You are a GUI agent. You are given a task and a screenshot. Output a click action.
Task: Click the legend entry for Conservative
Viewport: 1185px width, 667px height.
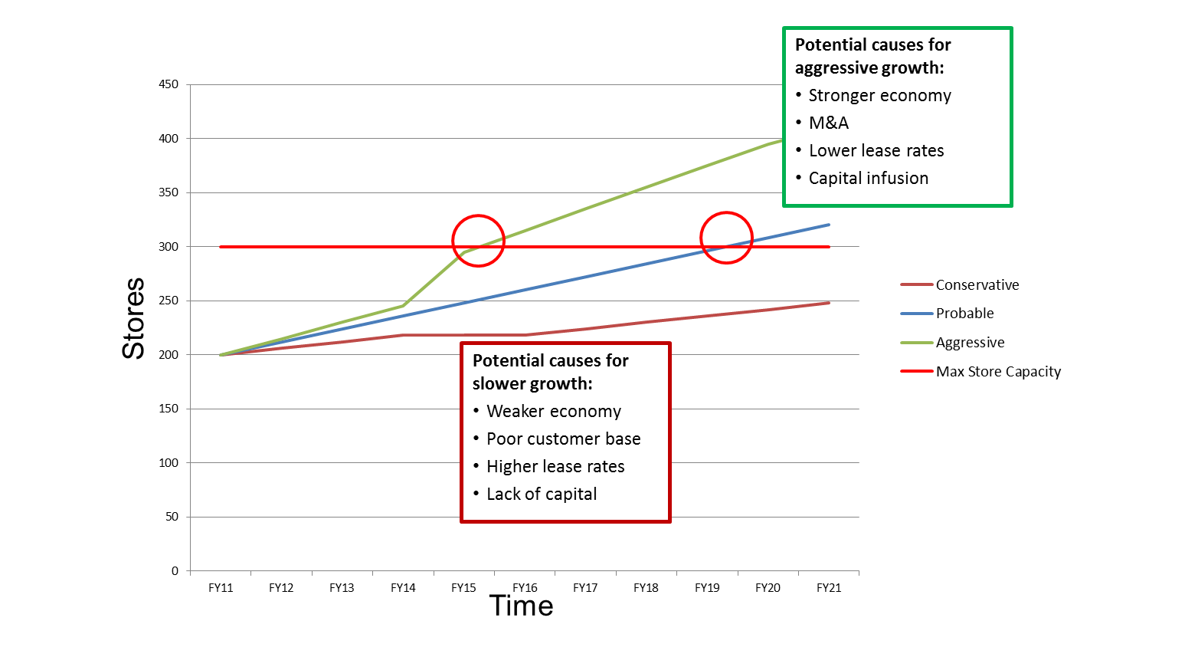(977, 285)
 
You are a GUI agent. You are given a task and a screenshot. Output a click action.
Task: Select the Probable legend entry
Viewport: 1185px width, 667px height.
(964, 314)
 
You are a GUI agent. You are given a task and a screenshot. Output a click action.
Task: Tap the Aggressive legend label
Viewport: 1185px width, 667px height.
(970, 343)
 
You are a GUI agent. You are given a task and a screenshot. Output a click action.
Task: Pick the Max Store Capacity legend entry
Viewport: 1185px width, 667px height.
(998, 372)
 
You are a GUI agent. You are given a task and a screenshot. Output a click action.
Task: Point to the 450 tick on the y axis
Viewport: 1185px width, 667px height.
(169, 84)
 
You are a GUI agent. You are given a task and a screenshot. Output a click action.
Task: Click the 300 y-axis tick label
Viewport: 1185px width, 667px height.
(169, 247)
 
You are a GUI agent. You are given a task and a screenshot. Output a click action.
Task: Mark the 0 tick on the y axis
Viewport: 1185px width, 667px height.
(175, 571)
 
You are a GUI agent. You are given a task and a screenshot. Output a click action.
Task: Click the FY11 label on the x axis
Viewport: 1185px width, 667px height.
(221, 588)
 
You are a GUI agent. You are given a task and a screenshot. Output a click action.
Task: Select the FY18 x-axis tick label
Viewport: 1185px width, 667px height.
(646, 588)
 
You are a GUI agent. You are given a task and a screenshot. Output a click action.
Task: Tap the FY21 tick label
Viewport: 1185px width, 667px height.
(829, 588)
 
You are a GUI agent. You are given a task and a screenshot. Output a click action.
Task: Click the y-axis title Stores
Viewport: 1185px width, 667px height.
(134, 318)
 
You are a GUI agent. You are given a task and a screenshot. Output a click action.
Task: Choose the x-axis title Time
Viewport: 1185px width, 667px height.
(522, 606)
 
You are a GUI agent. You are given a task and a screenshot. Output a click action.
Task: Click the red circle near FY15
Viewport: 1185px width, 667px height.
(478, 241)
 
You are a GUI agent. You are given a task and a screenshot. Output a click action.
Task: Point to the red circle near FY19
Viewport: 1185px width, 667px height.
(726, 238)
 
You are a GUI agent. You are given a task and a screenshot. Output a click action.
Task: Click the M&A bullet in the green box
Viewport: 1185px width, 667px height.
(829, 123)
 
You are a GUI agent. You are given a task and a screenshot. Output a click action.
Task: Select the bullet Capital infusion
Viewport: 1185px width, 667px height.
(868, 179)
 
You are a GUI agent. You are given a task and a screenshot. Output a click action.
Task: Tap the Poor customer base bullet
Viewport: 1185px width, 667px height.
(563, 439)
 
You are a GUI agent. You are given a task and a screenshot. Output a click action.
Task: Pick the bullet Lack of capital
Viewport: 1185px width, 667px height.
(542, 495)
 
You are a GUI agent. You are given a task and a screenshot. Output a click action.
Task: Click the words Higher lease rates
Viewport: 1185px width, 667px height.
(555, 467)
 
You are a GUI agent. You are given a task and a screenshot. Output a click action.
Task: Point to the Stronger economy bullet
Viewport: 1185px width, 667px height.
(879, 96)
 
